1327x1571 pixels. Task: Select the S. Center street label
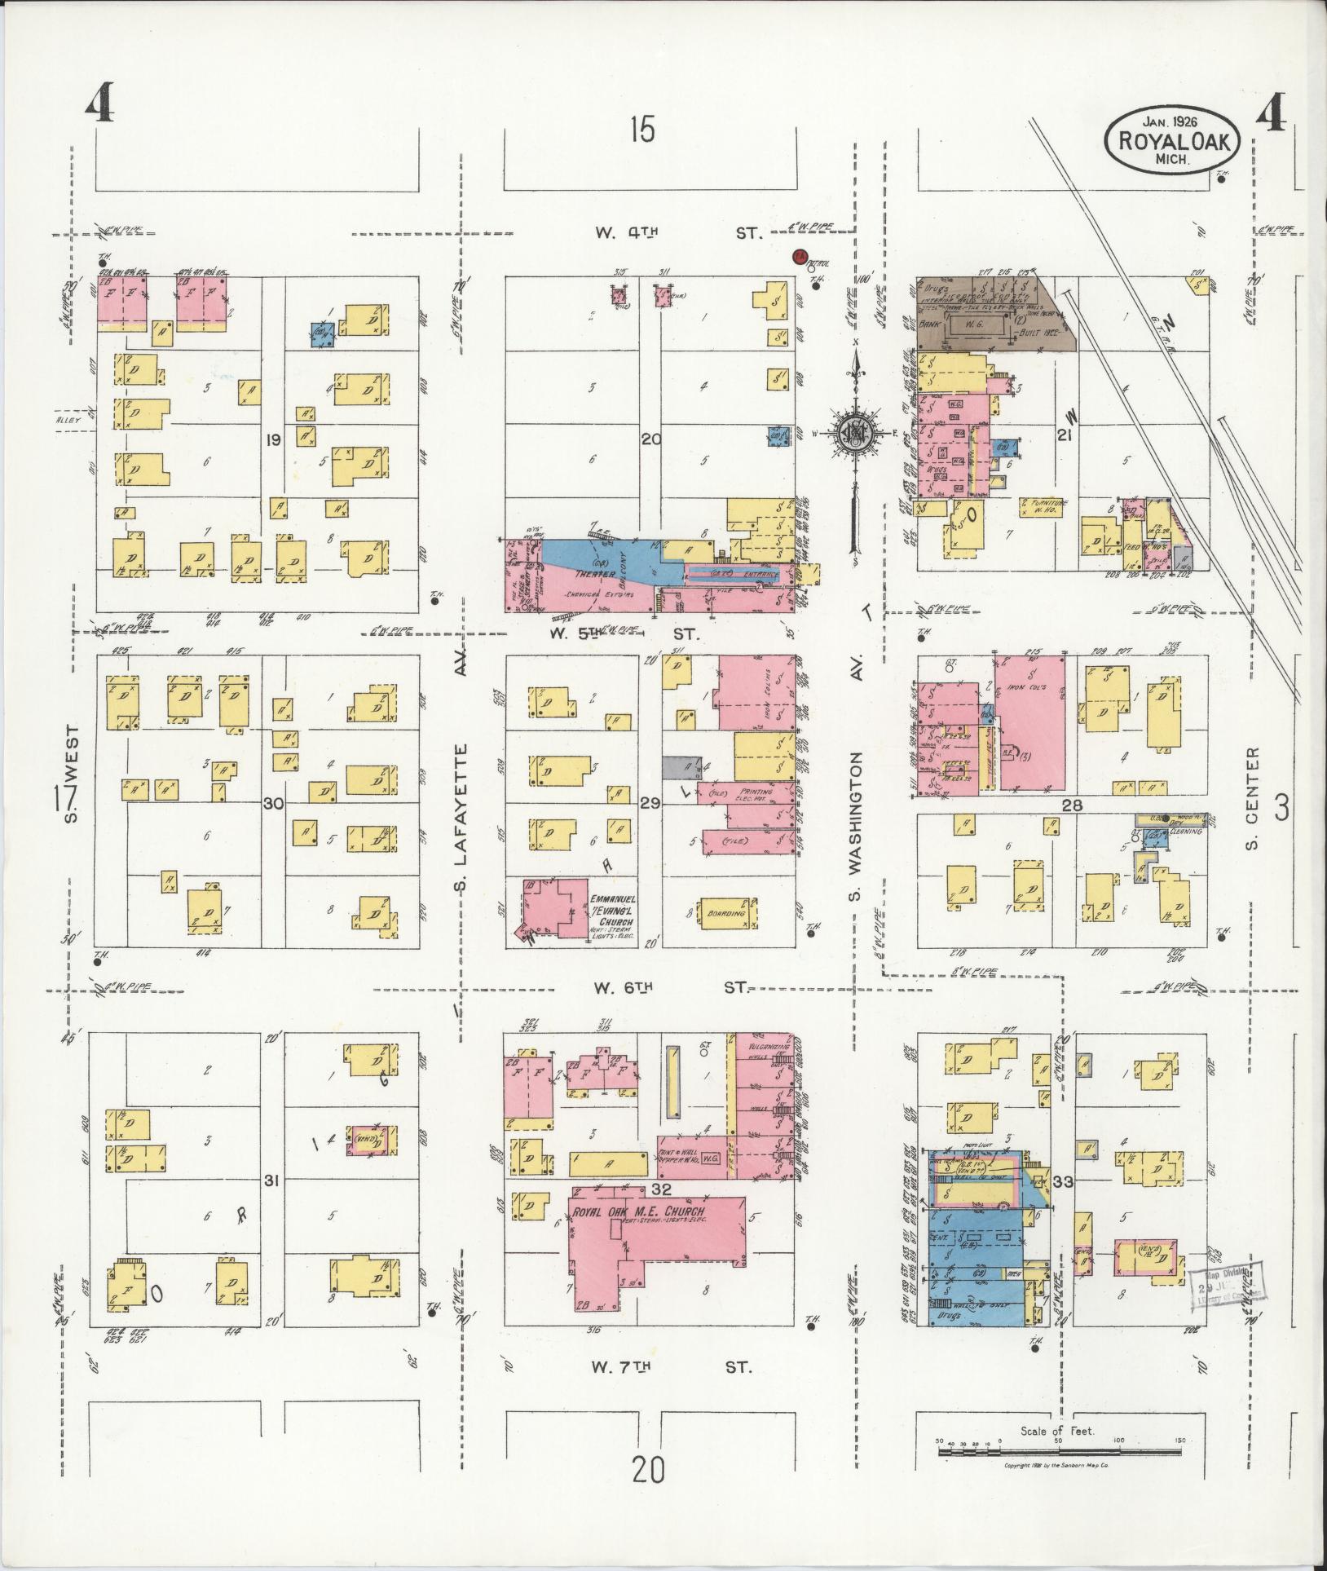click(1254, 799)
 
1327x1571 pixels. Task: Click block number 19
click(273, 440)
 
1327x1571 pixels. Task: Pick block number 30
click(273, 803)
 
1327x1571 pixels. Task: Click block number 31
click(273, 1180)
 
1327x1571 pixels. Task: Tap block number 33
click(1062, 1181)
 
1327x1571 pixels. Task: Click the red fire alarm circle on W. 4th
click(800, 257)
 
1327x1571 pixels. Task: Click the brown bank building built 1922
click(986, 314)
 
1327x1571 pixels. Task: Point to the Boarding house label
click(727, 914)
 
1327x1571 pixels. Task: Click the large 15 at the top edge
click(642, 129)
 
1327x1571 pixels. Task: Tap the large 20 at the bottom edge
click(648, 1469)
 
